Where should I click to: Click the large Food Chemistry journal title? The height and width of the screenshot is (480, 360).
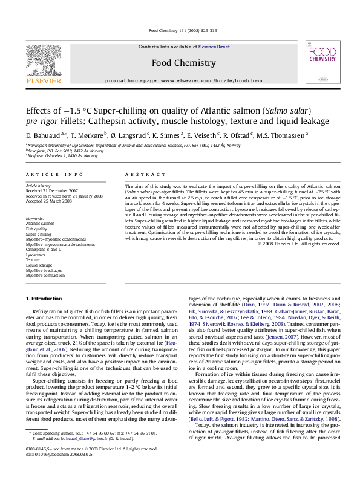tap(180, 63)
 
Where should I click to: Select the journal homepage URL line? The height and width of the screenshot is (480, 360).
tap(180, 80)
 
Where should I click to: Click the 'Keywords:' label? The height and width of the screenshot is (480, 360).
tap(35, 218)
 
